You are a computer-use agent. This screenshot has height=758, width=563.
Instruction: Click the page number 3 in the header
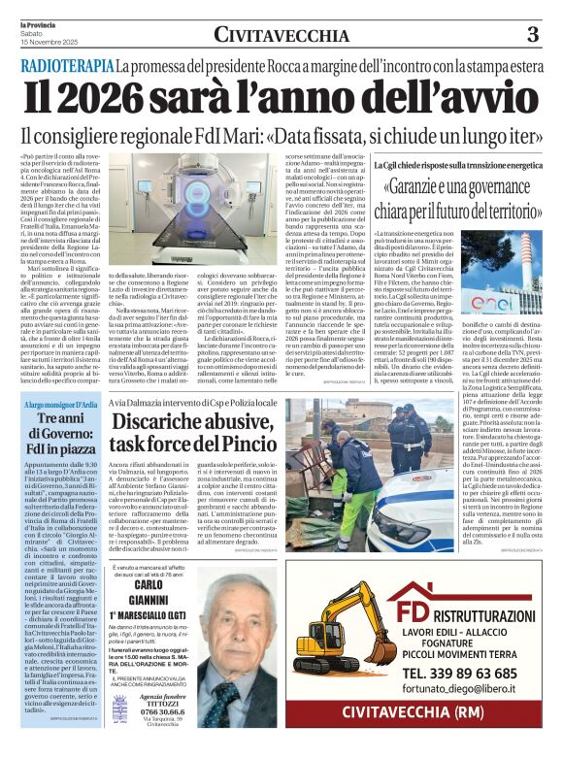point(533,35)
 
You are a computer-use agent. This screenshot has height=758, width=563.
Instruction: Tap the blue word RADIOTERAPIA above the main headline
point(65,66)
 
